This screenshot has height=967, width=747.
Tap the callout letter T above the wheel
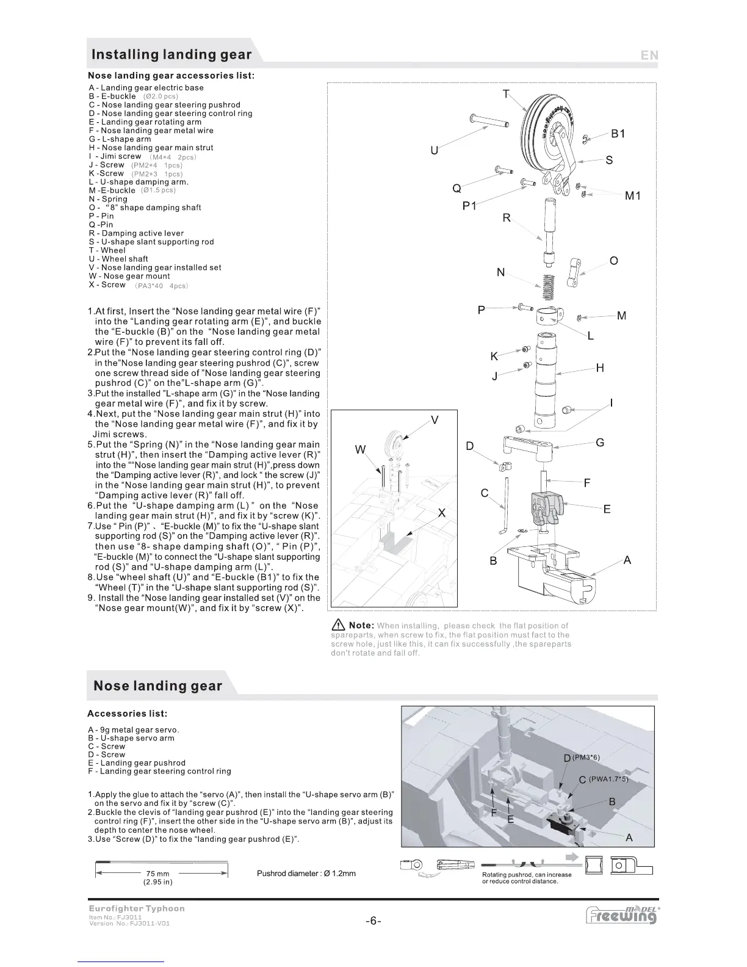point(506,94)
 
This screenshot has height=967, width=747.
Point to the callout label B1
point(618,134)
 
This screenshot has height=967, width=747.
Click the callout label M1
point(633,196)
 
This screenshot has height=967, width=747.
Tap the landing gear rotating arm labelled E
point(544,507)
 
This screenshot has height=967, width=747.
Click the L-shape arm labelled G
point(528,446)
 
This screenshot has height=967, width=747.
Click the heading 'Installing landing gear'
point(171,54)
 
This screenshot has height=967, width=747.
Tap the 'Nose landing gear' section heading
point(158,686)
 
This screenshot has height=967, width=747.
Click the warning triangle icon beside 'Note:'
point(337,626)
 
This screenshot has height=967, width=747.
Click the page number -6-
point(374,921)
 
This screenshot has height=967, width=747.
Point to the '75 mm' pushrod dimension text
point(158,874)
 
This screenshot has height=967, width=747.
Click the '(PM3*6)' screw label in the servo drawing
point(586,758)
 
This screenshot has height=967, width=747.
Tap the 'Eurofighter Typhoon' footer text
point(137,908)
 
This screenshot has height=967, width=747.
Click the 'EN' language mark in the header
point(649,55)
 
